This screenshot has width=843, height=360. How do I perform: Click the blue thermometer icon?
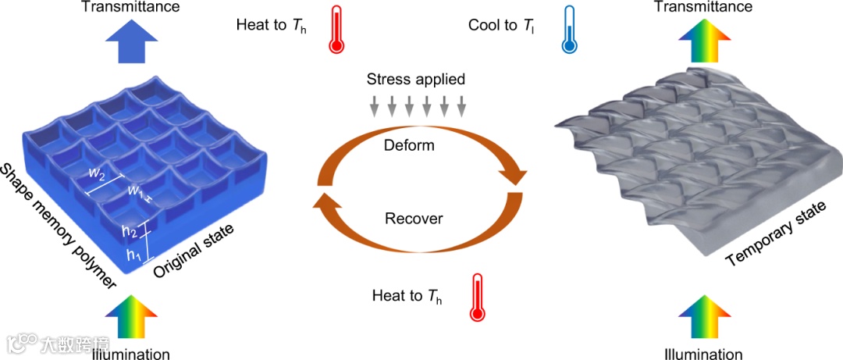[572, 30]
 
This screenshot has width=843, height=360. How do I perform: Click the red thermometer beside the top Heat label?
[336, 30]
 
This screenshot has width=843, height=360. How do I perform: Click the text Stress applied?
[416, 79]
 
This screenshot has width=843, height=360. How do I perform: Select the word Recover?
[414, 218]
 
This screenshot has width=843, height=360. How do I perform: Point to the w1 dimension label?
[137, 190]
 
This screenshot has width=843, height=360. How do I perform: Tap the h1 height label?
[132, 255]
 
